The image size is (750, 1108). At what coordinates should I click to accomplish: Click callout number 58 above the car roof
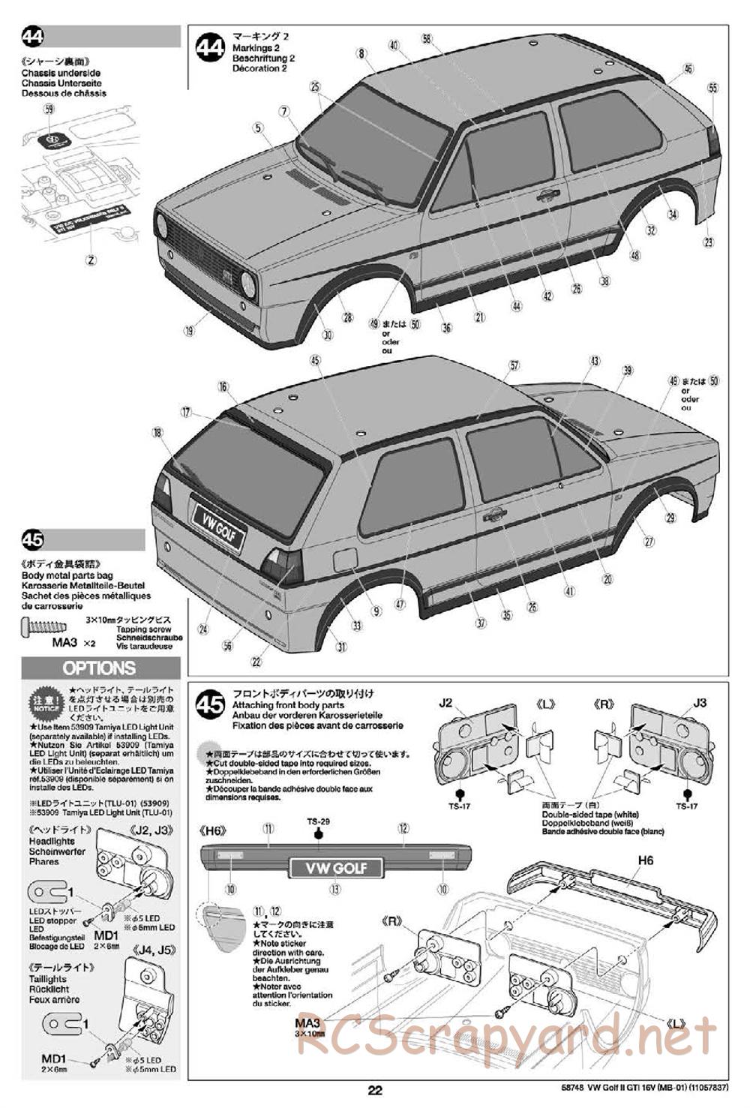point(427,38)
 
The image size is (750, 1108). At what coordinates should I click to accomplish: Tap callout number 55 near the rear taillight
point(712,88)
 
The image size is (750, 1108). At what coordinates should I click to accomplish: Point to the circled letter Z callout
point(91,260)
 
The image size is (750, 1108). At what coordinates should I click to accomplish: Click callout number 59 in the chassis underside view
point(49,109)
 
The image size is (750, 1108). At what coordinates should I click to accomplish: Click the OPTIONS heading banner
point(100,668)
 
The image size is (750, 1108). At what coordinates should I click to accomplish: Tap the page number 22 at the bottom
point(375,1091)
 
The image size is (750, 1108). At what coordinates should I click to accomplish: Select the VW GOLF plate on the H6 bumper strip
point(335,868)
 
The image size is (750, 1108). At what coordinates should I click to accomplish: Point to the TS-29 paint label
point(318,821)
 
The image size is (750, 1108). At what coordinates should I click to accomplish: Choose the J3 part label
point(699,703)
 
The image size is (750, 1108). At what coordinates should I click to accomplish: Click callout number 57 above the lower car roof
point(514,365)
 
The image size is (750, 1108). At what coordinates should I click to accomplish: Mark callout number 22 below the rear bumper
point(256,662)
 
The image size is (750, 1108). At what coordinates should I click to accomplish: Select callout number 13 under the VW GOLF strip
point(334,890)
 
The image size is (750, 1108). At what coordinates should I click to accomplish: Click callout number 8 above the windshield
point(361,53)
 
